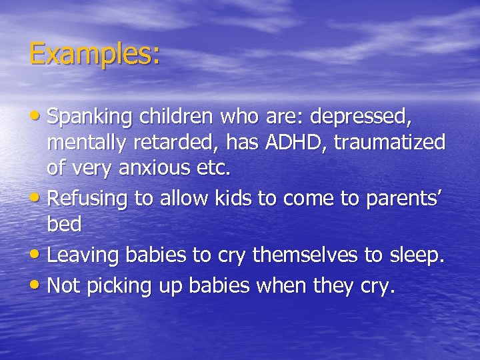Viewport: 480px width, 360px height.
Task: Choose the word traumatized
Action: [x=389, y=143]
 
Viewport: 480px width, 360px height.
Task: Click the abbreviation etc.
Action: [x=214, y=168]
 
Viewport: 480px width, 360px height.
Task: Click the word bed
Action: [x=64, y=224]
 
